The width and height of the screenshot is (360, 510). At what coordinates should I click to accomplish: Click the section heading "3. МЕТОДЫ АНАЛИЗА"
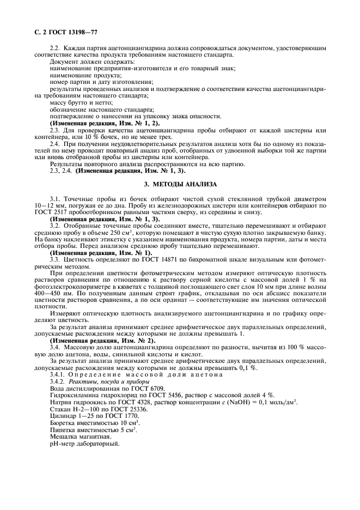pos(180,184)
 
